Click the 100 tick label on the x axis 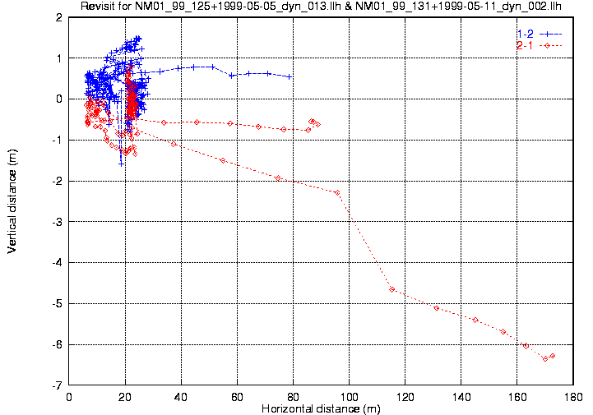[x=350, y=396]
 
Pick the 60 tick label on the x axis [x=238, y=396]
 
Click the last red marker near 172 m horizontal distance [x=553, y=356]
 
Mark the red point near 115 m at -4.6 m [x=392, y=288]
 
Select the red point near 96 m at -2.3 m [x=337, y=192]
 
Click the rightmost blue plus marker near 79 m [x=289, y=76]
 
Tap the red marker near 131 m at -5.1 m [x=437, y=308]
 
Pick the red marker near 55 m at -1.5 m [x=223, y=160]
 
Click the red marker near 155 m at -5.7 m [x=503, y=331]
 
